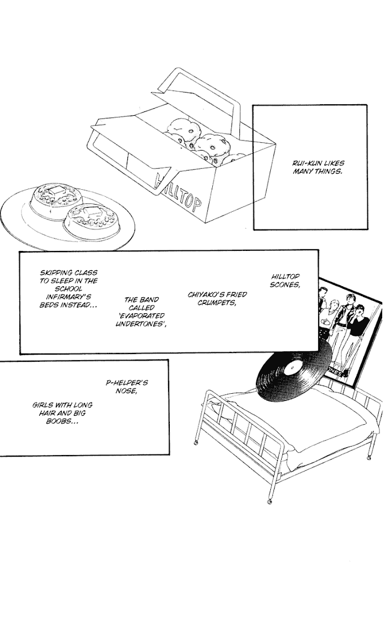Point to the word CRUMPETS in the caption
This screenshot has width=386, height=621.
(x=209, y=302)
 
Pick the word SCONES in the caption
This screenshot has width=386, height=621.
(x=285, y=284)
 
